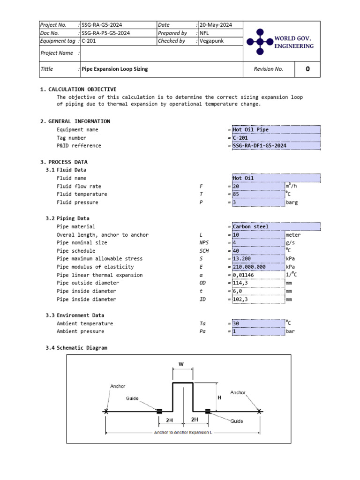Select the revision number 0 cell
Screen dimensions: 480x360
pyautogui.click(x=307, y=69)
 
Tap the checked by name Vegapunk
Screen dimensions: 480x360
pyautogui.click(x=212, y=41)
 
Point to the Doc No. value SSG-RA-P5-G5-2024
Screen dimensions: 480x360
pyautogui.click(x=106, y=33)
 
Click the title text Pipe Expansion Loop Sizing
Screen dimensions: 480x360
pyautogui.click(x=115, y=69)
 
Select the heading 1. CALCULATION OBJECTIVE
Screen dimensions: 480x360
pyautogui.click(x=78, y=89)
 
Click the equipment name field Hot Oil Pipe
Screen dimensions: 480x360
pyautogui.click(x=251, y=129)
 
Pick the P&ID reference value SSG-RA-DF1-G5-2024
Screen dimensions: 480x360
pyautogui.click(x=259, y=146)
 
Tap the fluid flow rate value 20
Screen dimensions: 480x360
pyautogui.click(x=236, y=186)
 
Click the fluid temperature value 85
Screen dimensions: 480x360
pyautogui.click(x=236, y=194)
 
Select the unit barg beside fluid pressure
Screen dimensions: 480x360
pyautogui.click(x=292, y=202)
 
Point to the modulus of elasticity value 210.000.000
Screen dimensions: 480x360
pyautogui.click(x=249, y=267)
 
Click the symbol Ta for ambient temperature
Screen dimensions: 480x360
pyautogui.click(x=202, y=323)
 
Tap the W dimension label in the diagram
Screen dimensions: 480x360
pyautogui.click(x=181, y=364)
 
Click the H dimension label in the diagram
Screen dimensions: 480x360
pyautogui.click(x=219, y=397)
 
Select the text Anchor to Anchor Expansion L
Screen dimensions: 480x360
pyautogui.click(x=183, y=432)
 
